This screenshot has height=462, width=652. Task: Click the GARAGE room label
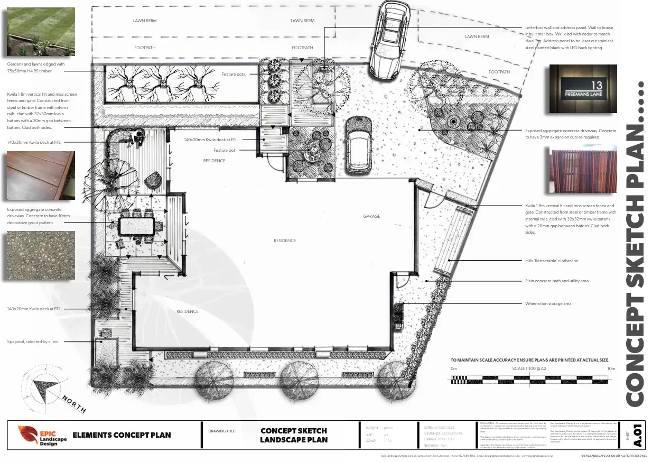[x=371, y=216]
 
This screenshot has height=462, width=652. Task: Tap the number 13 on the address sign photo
[x=597, y=86]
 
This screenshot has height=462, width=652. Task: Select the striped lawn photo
[x=41, y=31]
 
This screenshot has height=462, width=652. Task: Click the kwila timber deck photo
[x=41, y=175]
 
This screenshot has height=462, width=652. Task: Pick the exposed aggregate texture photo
[x=41, y=255]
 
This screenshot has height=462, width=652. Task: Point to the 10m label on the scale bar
[x=611, y=368]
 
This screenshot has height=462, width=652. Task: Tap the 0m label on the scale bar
[x=453, y=368]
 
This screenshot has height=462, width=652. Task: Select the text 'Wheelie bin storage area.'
[x=548, y=303]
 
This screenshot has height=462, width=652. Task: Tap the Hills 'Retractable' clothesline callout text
[x=552, y=261]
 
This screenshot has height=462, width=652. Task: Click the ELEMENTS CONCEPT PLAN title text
[x=122, y=435]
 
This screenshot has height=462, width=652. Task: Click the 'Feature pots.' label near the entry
[x=234, y=75]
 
